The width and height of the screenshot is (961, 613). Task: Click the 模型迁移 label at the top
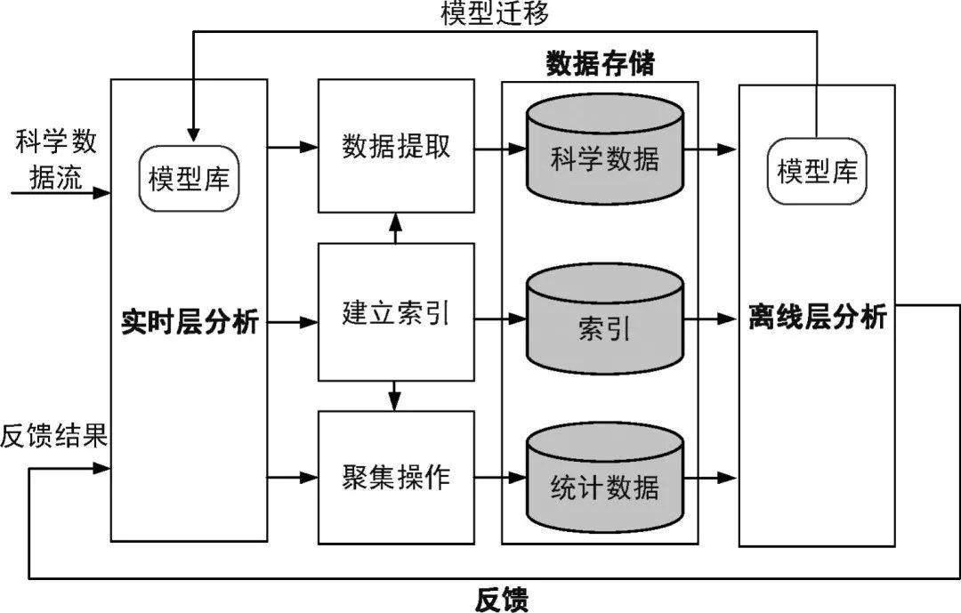[495, 13]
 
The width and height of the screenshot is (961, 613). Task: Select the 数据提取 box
[396, 147]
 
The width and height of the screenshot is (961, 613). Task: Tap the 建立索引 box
[396, 312]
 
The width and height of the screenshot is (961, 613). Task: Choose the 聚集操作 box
[396, 478]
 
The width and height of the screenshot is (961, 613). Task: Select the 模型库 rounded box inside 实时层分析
[189, 179]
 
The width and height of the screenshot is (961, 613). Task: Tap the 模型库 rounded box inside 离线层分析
[817, 170]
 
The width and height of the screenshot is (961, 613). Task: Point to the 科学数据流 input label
[56, 160]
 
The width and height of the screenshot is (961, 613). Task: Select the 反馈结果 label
[54, 436]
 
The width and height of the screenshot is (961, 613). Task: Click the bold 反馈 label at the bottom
[501, 599]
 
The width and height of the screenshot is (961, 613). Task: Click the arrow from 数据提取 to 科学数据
[499, 148]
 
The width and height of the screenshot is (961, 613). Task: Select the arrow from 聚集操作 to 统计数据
[499, 478]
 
